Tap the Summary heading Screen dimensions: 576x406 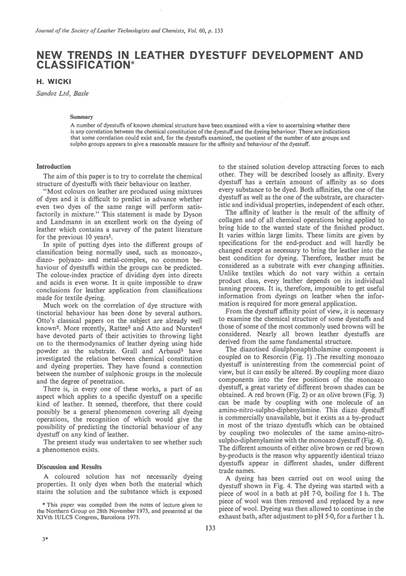(81, 117)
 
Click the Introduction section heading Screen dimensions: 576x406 (53, 167)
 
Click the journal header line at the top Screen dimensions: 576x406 (129, 31)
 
